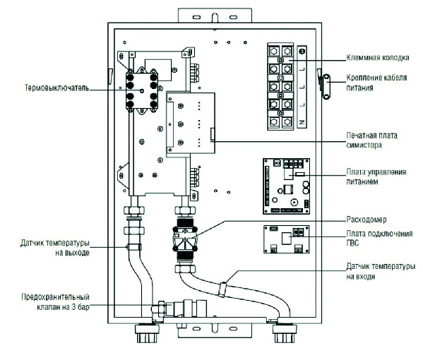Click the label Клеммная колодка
point(378,58)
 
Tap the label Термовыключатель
point(57,88)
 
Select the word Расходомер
point(367,220)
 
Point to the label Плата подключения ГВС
point(379,239)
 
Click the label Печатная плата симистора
point(371,140)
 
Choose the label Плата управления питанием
point(376,177)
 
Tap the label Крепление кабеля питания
point(376,83)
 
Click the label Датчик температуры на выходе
point(55,248)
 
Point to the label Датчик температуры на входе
point(381,271)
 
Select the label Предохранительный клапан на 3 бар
point(55,302)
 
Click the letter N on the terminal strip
point(302,122)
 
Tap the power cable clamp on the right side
point(326,86)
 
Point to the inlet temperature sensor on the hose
point(222,289)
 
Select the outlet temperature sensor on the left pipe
point(134,246)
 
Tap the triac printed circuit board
point(191,123)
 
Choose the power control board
point(287,186)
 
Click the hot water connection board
point(287,239)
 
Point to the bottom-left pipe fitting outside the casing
point(147,333)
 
